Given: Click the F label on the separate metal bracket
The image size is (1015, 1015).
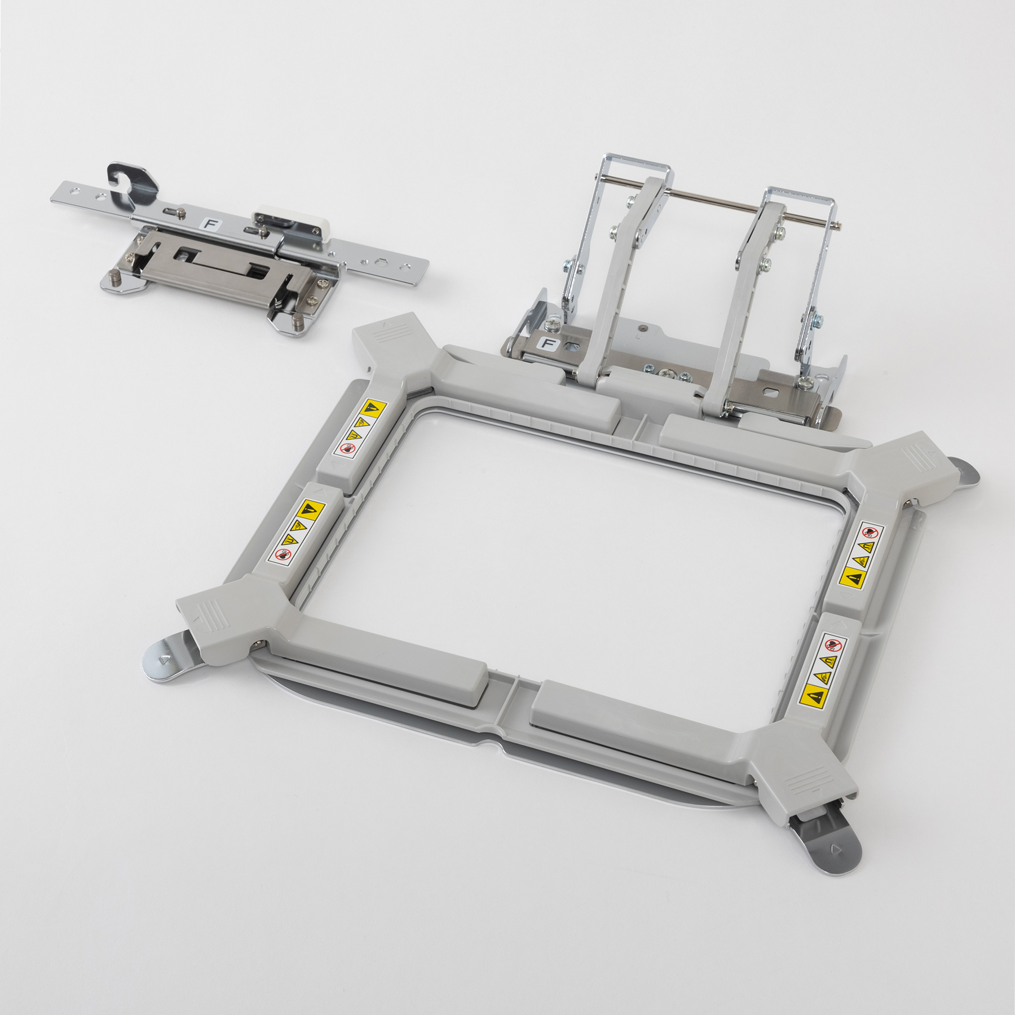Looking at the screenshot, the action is (211, 224).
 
